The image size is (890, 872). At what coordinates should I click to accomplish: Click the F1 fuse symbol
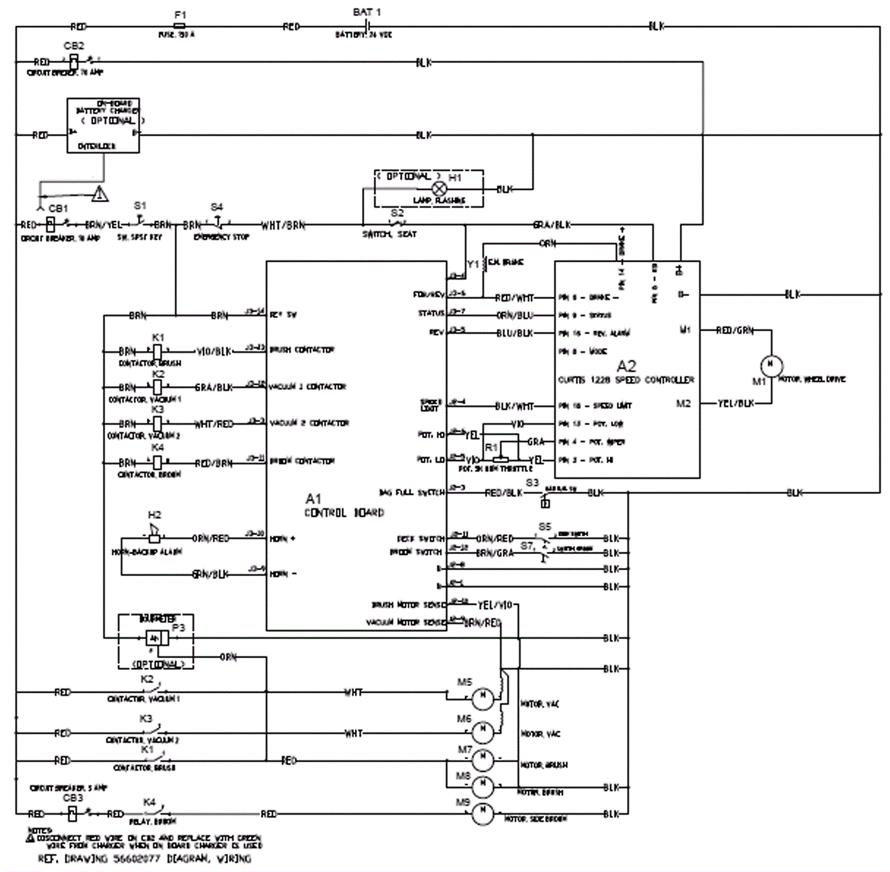[180, 26]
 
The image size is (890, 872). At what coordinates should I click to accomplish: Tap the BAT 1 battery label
[367, 12]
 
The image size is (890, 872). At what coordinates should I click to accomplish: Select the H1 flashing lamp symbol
[439, 189]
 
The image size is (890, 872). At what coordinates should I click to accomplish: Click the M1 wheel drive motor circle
[771, 365]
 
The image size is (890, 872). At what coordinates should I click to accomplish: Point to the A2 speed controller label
[626, 366]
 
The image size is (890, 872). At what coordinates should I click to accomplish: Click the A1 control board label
[313, 498]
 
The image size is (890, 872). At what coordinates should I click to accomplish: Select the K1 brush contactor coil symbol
[157, 352]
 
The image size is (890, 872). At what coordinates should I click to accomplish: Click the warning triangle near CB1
[100, 194]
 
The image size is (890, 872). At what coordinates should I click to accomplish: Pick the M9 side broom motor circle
[482, 814]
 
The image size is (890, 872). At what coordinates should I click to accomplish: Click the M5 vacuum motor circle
[482, 698]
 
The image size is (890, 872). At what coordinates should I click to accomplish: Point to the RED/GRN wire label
[734, 331]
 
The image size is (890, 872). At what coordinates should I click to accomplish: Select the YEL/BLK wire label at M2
[735, 403]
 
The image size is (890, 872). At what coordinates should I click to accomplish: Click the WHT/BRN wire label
[283, 226]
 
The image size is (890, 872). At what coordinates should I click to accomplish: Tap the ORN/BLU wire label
[515, 315]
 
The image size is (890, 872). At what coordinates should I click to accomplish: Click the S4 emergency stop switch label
[217, 207]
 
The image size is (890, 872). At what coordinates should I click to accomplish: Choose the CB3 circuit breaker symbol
[72, 814]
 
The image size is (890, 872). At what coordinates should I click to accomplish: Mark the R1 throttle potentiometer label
[491, 448]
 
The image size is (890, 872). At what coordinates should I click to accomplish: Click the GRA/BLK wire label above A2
[552, 225]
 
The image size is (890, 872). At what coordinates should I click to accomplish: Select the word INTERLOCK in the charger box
[97, 146]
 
